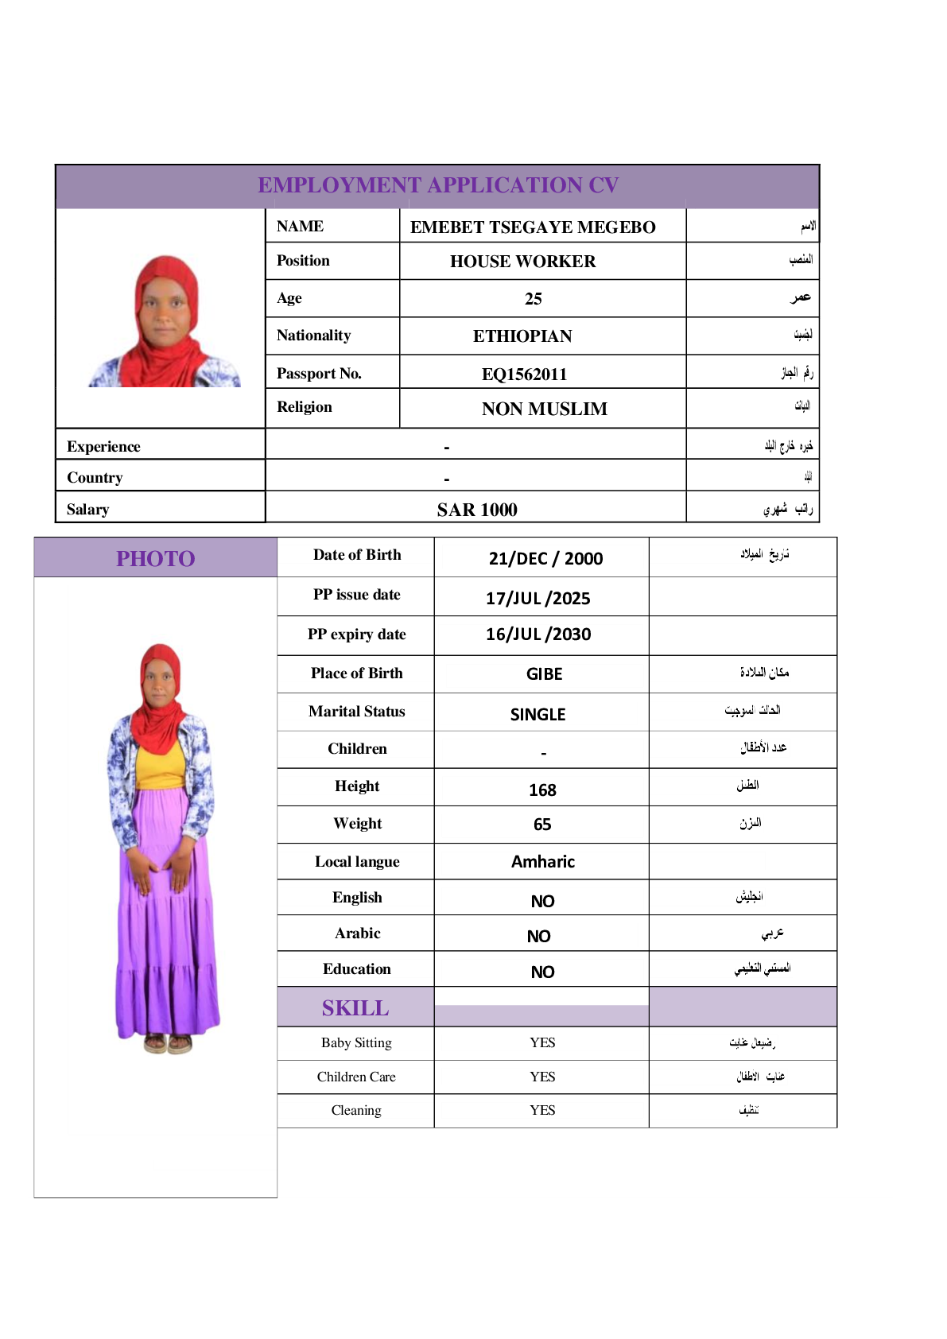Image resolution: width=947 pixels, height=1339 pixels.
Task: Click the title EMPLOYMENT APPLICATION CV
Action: click(x=438, y=185)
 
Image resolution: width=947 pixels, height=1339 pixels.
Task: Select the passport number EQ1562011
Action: click(x=524, y=374)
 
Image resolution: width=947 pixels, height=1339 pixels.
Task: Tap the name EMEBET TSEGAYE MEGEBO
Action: click(x=533, y=227)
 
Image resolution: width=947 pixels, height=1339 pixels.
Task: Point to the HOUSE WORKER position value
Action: click(x=522, y=262)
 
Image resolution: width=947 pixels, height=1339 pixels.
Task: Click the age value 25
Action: click(x=533, y=299)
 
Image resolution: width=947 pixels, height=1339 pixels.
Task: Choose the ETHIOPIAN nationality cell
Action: click(x=522, y=336)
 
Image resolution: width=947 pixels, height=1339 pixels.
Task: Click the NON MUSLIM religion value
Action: click(x=544, y=409)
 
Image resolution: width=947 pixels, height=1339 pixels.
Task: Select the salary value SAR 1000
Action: click(x=477, y=510)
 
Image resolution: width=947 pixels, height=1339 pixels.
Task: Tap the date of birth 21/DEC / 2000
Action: click(x=545, y=558)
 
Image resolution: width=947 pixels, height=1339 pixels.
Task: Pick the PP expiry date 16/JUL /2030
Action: click(x=538, y=635)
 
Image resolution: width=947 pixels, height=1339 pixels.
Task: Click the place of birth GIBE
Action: click(x=544, y=674)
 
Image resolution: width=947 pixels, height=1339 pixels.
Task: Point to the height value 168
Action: click(x=542, y=790)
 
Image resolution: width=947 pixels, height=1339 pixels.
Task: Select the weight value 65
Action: click(x=542, y=825)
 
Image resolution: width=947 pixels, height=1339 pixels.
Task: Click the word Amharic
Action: click(x=542, y=862)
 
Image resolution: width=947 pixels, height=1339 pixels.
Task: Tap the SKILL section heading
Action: click(x=355, y=1008)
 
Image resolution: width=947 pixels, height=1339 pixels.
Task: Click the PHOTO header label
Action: click(x=156, y=558)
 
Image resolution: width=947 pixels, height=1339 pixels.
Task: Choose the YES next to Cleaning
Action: click(x=542, y=1110)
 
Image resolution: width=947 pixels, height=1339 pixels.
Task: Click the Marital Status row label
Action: click(x=356, y=712)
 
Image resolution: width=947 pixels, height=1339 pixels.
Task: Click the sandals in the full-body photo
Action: click(x=168, y=1042)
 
